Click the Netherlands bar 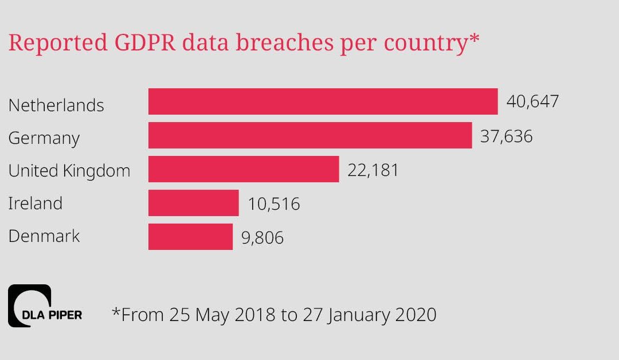coord(323,101)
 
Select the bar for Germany coord(309,135)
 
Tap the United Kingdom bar coord(244,169)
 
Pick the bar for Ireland coord(193,203)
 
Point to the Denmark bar coord(190,237)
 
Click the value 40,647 coord(532,102)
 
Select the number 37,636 coord(506,136)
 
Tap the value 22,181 coord(373,170)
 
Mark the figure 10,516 coord(274,204)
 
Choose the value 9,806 coord(263,237)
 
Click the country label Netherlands coord(56,105)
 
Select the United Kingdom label coord(69,171)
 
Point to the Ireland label coord(36,204)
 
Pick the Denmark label coord(44,236)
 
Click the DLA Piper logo coord(45,306)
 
